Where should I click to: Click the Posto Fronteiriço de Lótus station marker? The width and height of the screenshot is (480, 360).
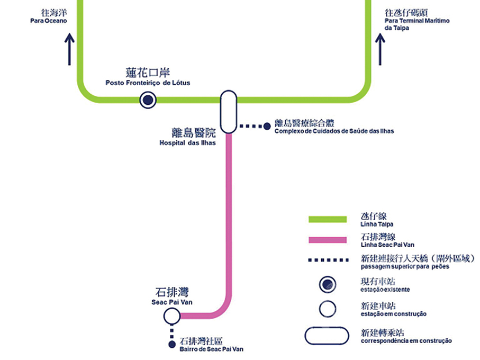(148, 99)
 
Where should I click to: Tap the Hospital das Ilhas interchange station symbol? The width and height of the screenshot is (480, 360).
(228, 112)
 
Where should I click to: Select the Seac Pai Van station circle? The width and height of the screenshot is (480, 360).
(171, 316)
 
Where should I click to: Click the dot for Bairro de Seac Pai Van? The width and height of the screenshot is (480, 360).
(171, 345)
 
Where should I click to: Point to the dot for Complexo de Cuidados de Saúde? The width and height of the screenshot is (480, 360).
(268, 126)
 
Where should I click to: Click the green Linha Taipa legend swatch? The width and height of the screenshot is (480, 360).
(328, 220)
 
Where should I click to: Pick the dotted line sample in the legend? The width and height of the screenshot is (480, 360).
(328, 260)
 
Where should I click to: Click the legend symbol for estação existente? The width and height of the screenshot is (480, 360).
(328, 284)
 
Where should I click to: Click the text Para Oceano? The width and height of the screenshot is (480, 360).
(49, 21)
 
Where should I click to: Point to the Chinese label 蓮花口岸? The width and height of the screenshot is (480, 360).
(148, 73)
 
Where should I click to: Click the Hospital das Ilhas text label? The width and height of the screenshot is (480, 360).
(187, 143)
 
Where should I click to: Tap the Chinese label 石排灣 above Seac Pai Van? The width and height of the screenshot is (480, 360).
(172, 292)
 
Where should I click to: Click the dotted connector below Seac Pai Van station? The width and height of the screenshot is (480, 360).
(171, 332)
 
